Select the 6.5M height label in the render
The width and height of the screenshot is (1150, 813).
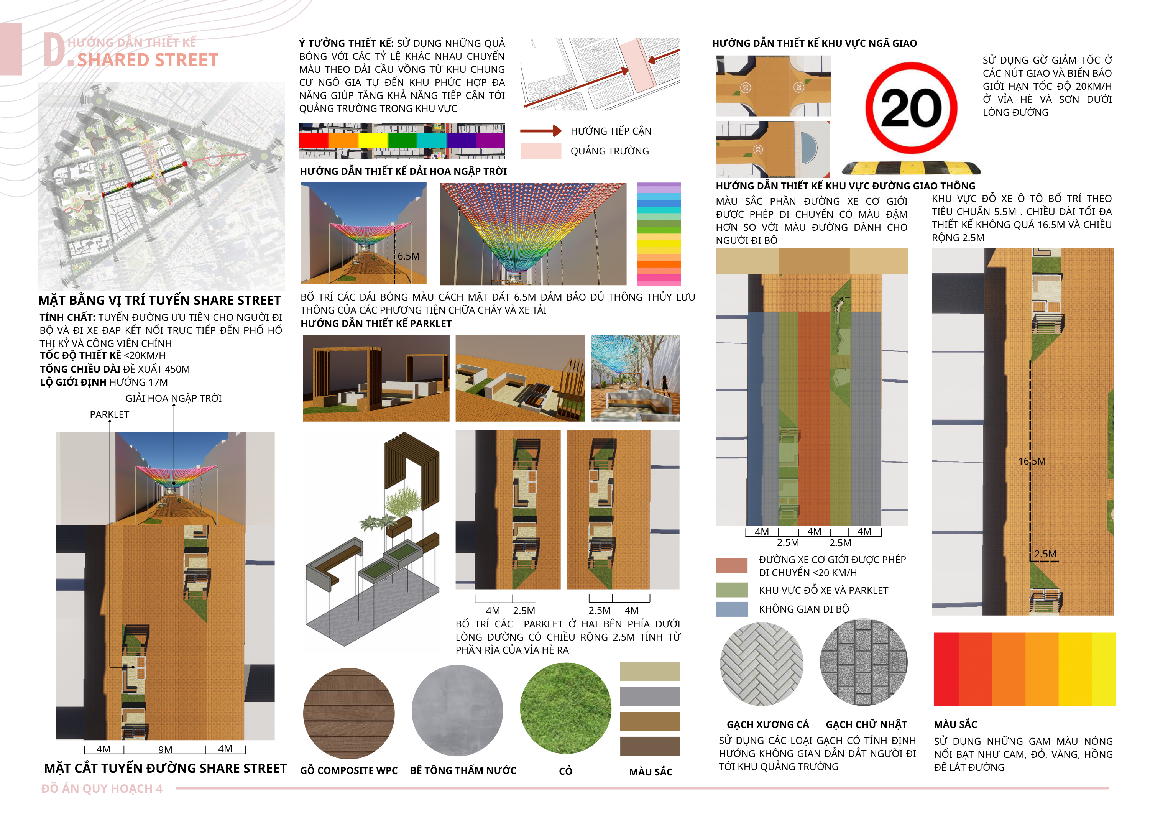coord(409,256)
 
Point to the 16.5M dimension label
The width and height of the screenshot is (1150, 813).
coord(1032,461)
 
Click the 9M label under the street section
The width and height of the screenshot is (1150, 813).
coord(165,749)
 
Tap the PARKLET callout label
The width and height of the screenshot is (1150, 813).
coord(109,414)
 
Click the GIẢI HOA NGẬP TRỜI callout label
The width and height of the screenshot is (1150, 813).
coord(173,398)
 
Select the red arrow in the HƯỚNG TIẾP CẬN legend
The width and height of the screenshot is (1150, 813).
coord(541,131)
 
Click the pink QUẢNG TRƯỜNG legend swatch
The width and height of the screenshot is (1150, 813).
coord(541,151)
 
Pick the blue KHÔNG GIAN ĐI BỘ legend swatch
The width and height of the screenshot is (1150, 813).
coord(731,609)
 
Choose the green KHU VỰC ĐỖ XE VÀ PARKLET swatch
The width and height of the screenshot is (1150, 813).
coord(731,590)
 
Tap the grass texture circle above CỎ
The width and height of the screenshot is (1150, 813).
coord(565,708)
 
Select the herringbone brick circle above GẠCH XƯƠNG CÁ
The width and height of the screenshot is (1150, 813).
coord(761,664)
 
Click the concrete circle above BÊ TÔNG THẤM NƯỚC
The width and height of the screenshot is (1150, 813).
coord(457,710)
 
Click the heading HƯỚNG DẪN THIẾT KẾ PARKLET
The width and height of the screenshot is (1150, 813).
coord(376,324)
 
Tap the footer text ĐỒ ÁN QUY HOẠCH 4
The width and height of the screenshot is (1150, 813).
coord(102,788)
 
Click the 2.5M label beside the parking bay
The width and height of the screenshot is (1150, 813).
coord(1045,554)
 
